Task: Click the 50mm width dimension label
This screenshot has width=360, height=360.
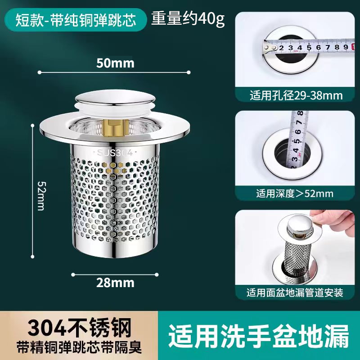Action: [x=115, y=63]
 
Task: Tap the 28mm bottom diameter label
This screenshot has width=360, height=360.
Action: [x=115, y=283]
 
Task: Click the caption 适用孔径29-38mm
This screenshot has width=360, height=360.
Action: [x=296, y=95]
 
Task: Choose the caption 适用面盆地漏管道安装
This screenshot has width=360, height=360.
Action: [x=295, y=293]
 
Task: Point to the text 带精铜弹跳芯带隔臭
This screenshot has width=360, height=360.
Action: [x=79, y=347]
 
